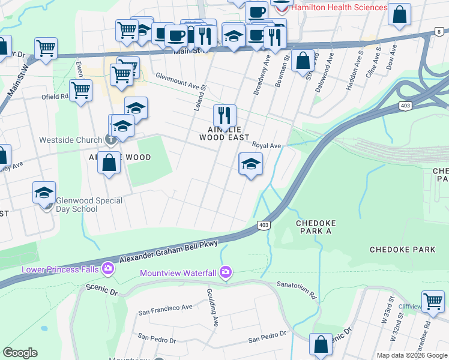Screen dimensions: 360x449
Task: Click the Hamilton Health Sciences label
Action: point(339,7)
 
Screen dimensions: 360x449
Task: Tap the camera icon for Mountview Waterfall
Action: point(225,273)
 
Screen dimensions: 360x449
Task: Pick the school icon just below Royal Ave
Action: point(251,163)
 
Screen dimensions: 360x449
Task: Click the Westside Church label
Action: point(70,140)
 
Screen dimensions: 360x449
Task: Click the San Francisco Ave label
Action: point(165,308)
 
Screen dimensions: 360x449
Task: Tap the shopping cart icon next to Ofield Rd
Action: point(80,91)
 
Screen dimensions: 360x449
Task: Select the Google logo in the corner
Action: point(20,353)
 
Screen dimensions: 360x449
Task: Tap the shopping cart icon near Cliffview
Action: point(432,300)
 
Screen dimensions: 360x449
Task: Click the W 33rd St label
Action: point(391,307)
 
